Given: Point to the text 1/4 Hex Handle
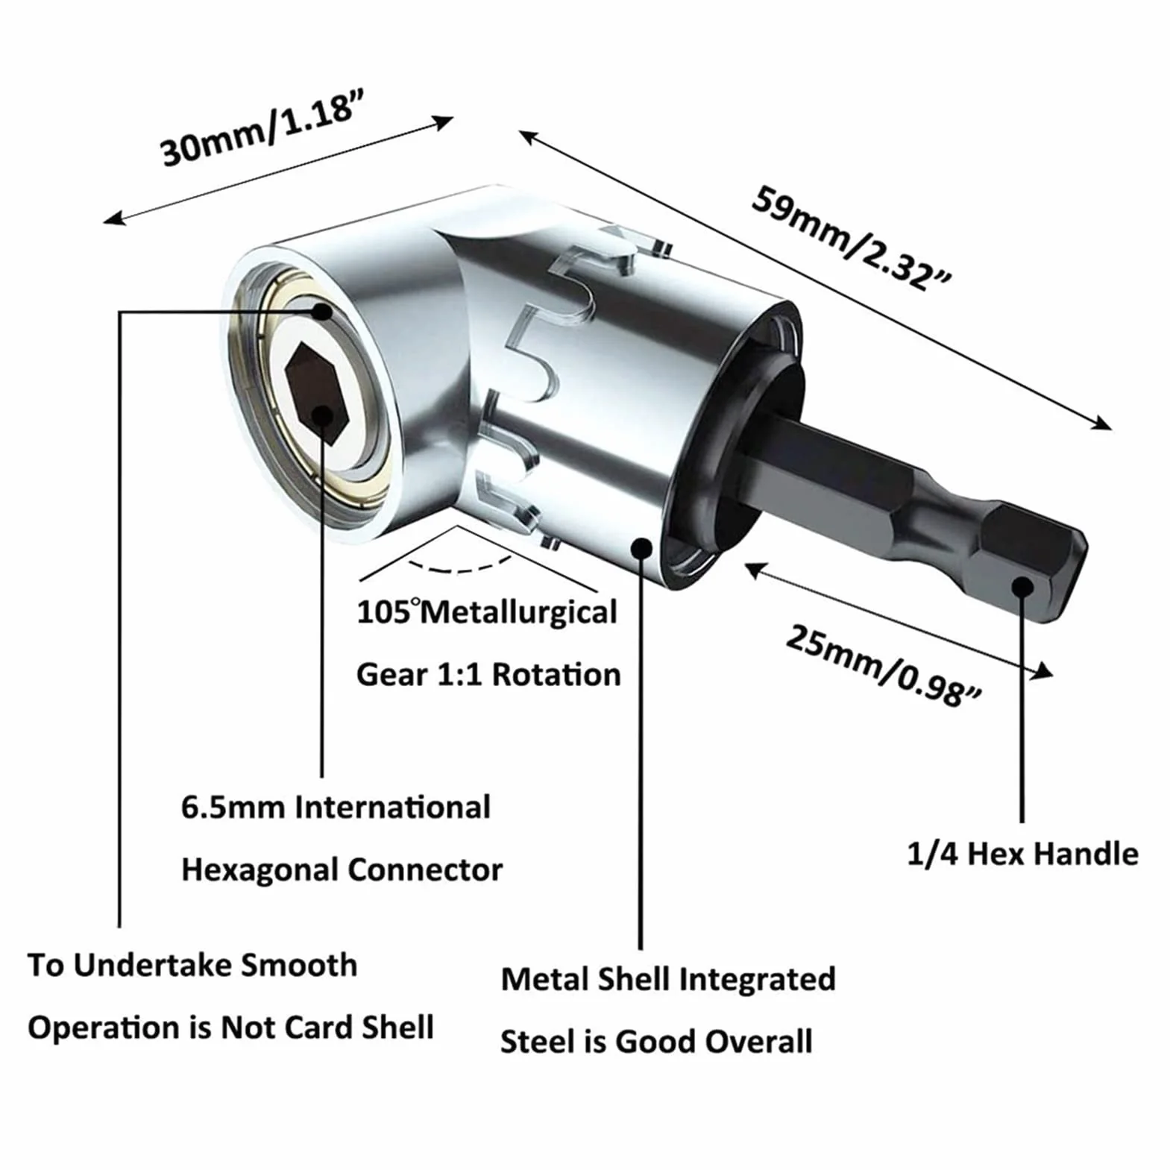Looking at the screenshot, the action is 1022,854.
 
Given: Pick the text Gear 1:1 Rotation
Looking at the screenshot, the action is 488,675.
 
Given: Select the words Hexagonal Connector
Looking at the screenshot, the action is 342,870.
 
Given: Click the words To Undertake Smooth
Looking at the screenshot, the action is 192,965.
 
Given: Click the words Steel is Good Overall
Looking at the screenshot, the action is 656,1042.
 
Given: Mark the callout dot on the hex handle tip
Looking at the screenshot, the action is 1022,586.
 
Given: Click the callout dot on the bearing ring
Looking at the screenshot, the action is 322,312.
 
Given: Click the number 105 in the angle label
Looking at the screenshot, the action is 384,613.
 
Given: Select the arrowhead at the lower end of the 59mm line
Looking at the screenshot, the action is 1102,424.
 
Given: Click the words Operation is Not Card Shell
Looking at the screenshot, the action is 230,1028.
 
